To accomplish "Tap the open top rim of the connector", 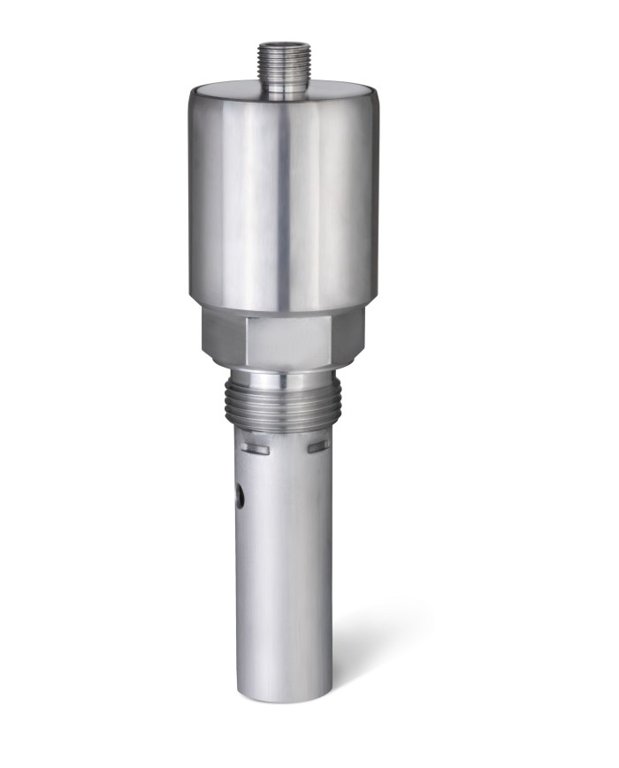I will (282, 43).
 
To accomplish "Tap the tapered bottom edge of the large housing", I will (283, 304).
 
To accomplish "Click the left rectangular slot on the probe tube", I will (255, 450).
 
